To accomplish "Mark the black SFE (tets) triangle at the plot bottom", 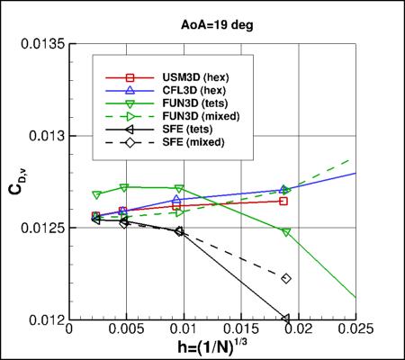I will point(285,319).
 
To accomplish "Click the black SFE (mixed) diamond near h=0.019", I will point(286,279).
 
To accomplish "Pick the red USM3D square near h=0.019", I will point(284,201).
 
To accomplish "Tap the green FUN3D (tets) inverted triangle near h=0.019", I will point(286,232).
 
